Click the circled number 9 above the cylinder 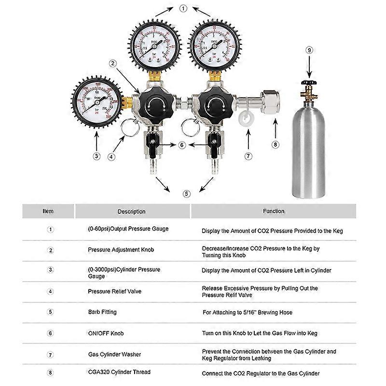tap(310, 49)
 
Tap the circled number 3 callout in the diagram tap(96, 155)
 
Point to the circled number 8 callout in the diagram tap(276, 143)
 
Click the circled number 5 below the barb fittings tap(187, 194)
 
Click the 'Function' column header tap(273, 211)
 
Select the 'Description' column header tap(131, 211)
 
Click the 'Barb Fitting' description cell tap(102, 312)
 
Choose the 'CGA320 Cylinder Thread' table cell tap(119, 372)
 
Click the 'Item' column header tap(48, 211)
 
